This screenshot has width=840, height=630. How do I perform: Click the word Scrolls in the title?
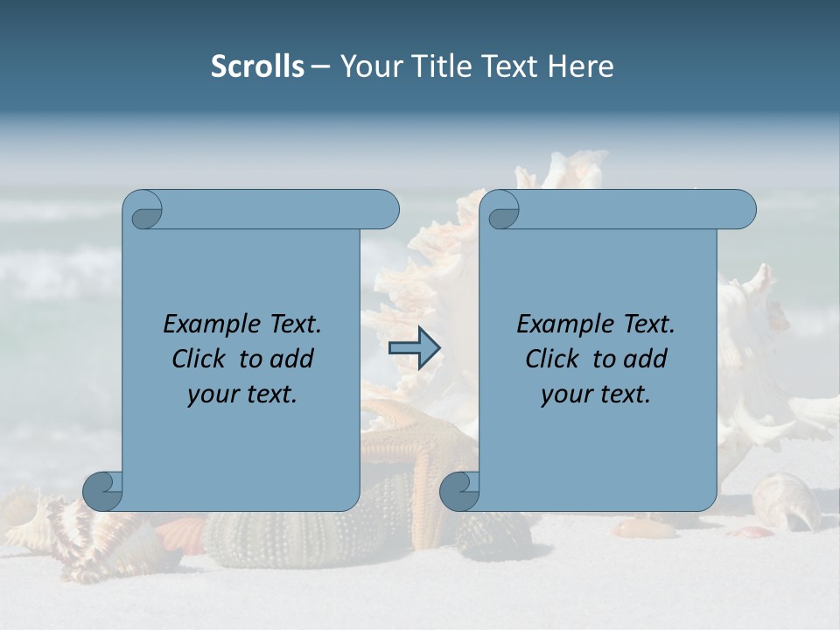tap(257, 66)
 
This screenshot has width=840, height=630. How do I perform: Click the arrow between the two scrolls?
tap(414, 348)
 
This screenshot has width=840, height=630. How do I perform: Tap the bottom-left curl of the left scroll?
tap(101, 491)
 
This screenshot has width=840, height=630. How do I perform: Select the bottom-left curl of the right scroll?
tap(458, 491)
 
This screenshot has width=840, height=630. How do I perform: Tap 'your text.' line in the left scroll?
tap(242, 394)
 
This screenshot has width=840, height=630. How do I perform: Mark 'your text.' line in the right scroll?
tap(596, 394)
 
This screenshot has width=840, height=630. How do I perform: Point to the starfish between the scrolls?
tap(418, 455)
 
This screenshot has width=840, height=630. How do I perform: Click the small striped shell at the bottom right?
tap(785, 500)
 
